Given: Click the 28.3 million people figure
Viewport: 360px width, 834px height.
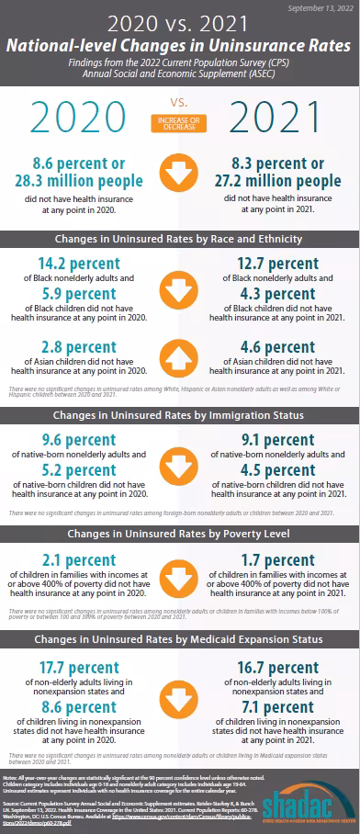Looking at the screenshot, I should click(x=80, y=179).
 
